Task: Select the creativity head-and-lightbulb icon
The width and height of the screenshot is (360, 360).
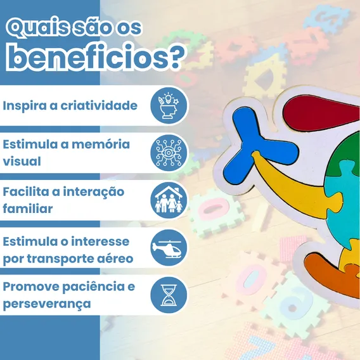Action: coord(169,106)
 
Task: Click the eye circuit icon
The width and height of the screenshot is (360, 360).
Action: coord(169,153)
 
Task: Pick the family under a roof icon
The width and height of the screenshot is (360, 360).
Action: coord(169,199)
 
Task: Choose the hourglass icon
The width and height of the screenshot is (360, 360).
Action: coord(169,295)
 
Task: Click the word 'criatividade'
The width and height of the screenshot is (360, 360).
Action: coord(99,106)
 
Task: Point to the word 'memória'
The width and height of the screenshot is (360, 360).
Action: coord(101,144)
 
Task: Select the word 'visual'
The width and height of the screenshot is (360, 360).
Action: coord(22,161)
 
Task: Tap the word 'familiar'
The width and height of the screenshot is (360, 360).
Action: coord(28,209)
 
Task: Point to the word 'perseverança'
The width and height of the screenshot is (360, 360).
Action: coord(47,304)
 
